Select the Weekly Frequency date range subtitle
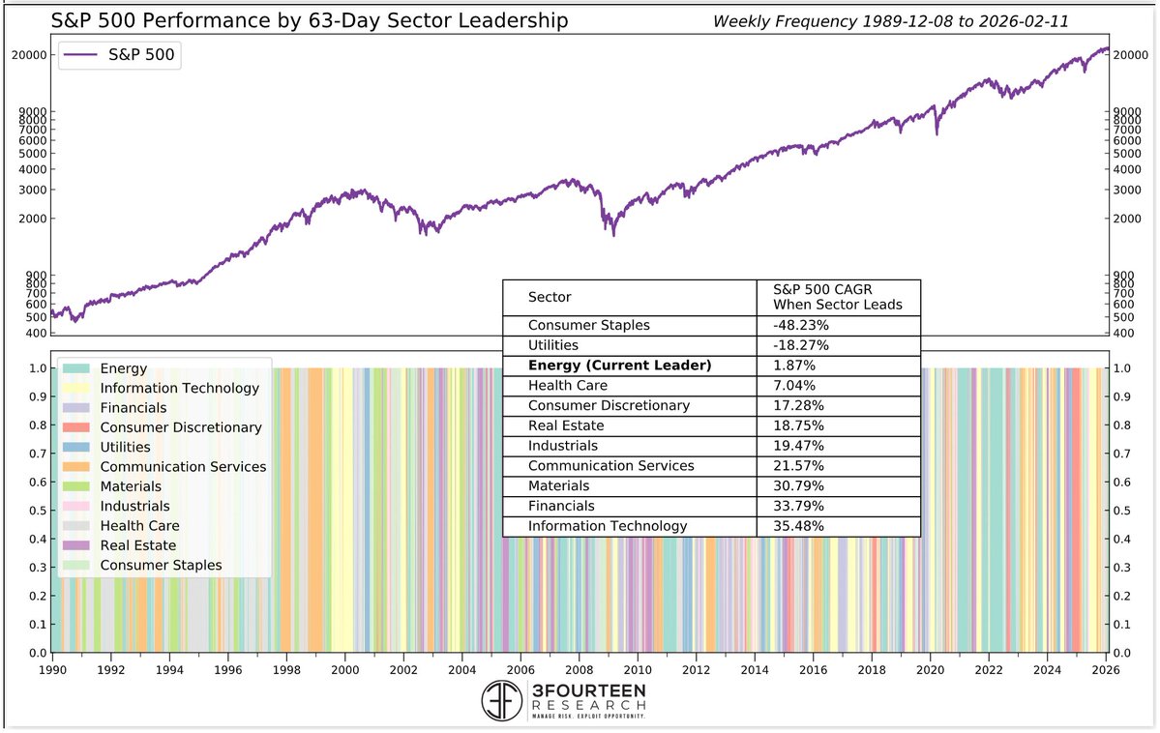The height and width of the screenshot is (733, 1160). (x=890, y=20)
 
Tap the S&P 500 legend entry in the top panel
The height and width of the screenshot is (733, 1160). (x=120, y=55)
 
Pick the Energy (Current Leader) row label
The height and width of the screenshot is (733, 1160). (x=619, y=366)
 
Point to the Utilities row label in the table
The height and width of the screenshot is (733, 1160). (x=553, y=345)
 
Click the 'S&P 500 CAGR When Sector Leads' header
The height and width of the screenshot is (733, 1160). (x=837, y=297)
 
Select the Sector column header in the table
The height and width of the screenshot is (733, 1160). (x=550, y=297)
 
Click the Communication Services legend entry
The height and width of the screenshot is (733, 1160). (x=183, y=467)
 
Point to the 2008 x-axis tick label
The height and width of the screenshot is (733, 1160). (x=579, y=668)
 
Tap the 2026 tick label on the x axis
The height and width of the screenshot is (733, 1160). (x=1106, y=668)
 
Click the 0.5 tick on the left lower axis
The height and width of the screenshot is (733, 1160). (x=35, y=511)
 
